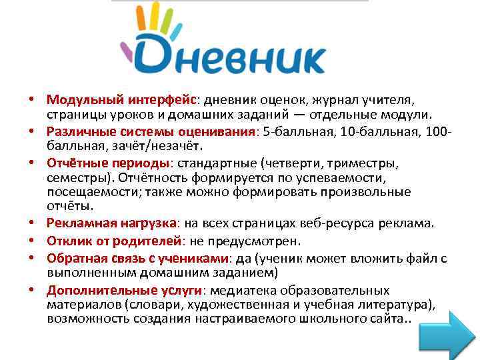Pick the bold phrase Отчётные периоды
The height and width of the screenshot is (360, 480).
(x=108, y=163)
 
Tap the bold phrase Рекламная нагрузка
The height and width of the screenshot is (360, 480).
(x=111, y=223)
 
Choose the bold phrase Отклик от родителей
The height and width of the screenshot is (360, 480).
(x=114, y=241)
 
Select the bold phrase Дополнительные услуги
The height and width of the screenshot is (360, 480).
(x=125, y=291)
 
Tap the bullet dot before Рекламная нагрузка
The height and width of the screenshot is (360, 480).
(x=31, y=223)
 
